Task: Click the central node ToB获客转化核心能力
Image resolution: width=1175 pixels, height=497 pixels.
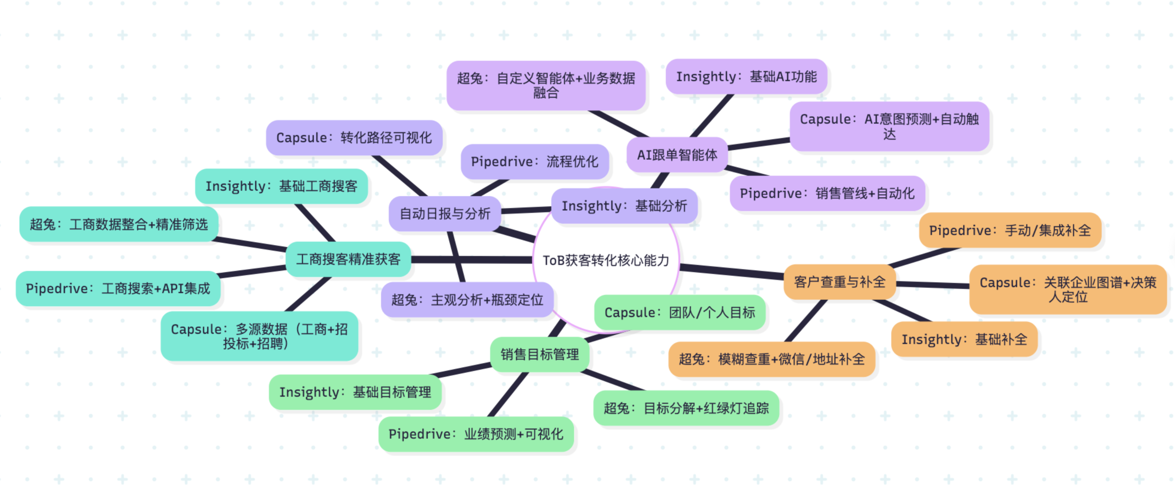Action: point(606,260)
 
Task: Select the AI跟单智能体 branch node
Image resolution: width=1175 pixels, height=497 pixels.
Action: point(677,155)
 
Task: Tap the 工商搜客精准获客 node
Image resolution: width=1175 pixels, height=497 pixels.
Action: point(348,259)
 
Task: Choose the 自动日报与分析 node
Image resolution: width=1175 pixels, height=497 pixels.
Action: point(445,213)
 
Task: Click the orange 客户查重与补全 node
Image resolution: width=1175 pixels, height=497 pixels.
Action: point(839,282)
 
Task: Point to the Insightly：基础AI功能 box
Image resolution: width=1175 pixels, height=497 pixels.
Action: point(746,77)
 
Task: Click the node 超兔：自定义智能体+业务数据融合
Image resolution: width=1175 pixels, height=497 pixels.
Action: point(546,85)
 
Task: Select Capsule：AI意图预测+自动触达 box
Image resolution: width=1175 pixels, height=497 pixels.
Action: point(889,126)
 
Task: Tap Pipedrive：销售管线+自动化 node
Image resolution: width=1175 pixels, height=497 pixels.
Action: point(827,193)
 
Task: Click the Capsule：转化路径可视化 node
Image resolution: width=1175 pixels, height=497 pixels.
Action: point(354,138)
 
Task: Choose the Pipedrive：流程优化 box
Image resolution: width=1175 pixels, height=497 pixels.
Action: point(535,161)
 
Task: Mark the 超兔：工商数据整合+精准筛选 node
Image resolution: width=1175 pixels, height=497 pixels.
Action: point(119,224)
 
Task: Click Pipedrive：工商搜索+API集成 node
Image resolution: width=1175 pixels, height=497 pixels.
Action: point(118,288)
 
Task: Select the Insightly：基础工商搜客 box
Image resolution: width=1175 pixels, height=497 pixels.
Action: point(282,186)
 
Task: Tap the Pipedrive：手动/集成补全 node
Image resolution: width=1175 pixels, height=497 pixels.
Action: point(1010,230)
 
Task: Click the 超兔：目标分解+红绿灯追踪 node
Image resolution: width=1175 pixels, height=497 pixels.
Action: point(686,408)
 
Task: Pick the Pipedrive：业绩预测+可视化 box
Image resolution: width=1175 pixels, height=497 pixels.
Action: point(476,434)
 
